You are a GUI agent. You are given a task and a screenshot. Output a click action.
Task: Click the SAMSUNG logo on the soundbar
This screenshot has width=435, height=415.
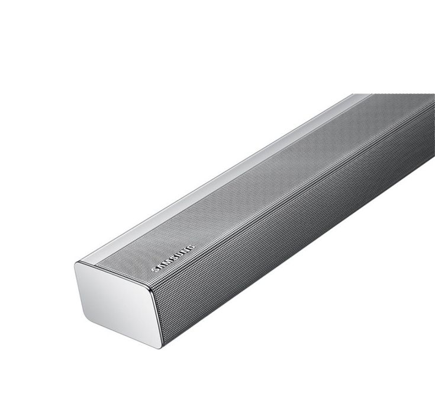tap(173, 259)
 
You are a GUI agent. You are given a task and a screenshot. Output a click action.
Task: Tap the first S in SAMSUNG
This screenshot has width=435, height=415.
tap(155, 270)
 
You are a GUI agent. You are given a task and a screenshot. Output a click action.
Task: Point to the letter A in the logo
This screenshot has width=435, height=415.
tap(160, 267)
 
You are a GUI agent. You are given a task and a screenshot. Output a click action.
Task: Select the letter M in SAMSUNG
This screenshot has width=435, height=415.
tap(166, 263)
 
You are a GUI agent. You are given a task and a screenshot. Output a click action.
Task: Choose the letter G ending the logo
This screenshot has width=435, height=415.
tap(190, 248)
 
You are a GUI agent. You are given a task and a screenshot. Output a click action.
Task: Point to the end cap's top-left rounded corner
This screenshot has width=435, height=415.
tap(76, 263)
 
